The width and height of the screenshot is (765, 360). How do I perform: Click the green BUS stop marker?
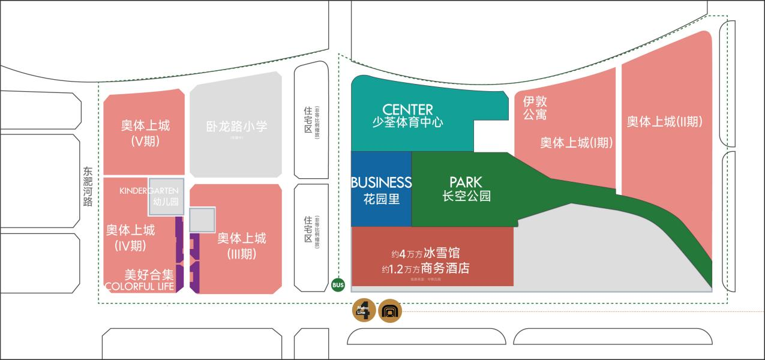point(338,285)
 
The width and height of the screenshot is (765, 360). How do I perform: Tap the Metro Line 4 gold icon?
point(364,310)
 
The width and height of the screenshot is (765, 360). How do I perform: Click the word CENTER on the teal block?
point(407,110)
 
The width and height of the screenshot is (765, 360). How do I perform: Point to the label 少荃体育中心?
point(407,122)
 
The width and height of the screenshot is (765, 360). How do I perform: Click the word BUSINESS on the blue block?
point(381,182)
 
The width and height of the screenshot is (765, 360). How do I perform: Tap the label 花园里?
point(381,198)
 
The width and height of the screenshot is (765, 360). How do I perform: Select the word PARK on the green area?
point(466,182)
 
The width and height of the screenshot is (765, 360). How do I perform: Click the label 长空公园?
point(466,196)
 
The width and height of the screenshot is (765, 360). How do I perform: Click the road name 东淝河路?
point(88,186)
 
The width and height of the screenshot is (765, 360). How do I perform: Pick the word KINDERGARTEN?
point(149,191)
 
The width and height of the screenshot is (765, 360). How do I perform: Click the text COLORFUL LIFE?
point(139,287)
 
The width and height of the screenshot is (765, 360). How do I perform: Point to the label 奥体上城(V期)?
point(145,133)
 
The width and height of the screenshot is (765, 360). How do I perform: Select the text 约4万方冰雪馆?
point(425,253)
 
